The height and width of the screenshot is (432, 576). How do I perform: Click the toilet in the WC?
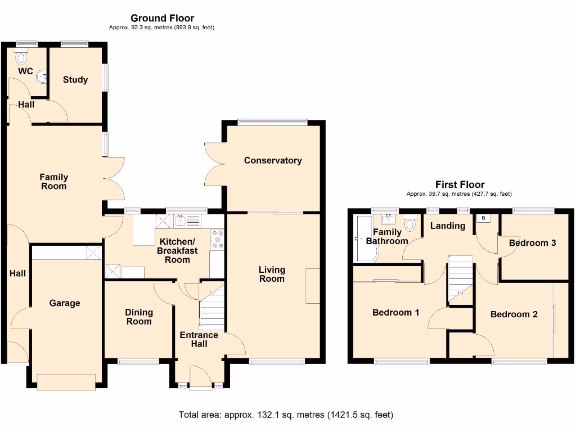pyautogui.click(x=21, y=57)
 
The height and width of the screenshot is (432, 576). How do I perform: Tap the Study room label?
pyautogui.click(x=75, y=80)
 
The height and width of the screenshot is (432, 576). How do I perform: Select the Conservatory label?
pyautogui.click(x=273, y=161)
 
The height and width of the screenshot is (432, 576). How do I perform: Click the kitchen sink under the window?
pyautogui.click(x=181, y=221)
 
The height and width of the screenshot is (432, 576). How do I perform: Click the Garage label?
pyautogui.click(x=65, y=303)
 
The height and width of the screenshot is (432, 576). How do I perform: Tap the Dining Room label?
pyautogui.click(x=139, y=317)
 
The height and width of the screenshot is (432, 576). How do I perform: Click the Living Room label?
pyautogui.click(x=272, y=274)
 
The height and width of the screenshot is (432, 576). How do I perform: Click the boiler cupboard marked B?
pyautogui.click(x=483, y=218)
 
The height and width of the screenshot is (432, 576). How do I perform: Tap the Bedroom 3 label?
pyautogui.click(x=532, y=243)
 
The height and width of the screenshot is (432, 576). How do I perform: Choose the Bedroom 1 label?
pyautogui.click(x=395, y=313)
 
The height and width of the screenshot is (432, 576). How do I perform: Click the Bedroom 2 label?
pyautogui.click(x=514, y=314)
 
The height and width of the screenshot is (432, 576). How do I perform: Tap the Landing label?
pyautogui.click(x=448, y=226)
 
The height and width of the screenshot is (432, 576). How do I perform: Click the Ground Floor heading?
pyautogui.click(x=162, y=19)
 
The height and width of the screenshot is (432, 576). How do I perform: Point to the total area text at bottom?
pyautogui.click(x=286, y=415)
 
